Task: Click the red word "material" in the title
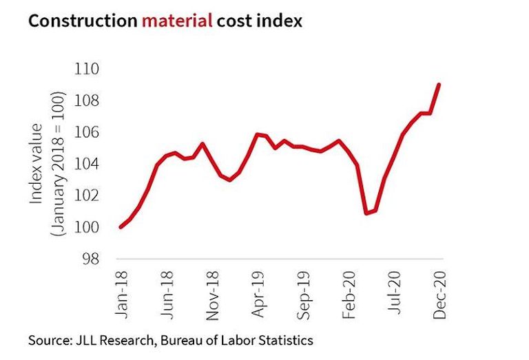pos(177,21)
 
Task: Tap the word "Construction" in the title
pos(83,21)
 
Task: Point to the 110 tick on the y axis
pos(87,69)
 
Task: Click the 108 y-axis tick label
pos(87,100)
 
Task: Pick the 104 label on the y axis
pos(87,164)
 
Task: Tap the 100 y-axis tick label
pos(87,228)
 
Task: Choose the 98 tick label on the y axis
pos(91,259)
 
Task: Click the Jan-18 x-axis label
pos(122,295)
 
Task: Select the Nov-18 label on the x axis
pos(213,295)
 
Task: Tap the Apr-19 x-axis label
pos(258,294)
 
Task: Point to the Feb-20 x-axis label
pos(349,295)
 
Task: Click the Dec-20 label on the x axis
pos(439,295)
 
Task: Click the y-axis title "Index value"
pos(37,164)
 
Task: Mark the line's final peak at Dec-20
pos(439,84)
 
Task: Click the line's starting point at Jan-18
pos(121,227)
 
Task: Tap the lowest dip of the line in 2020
pos(366,213)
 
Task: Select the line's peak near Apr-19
pos(258,134)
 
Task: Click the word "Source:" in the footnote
pos(50,341)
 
